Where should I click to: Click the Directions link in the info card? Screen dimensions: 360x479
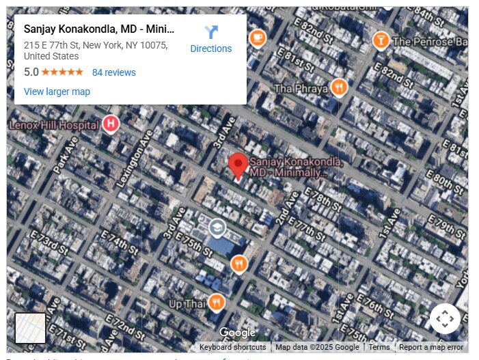click(x=210, y=49)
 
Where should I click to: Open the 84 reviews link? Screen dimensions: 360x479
click(x=113, y=72)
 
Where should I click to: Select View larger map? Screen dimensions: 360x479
click(x=57, y=92)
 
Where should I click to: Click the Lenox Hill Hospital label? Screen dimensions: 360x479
click(x=53, y=125)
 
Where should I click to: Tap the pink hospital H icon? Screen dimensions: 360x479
click(x=111, y=124)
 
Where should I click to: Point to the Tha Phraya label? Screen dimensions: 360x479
click(x=301, y=89)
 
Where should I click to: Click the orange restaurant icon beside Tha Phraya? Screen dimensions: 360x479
click(x=338, y=87)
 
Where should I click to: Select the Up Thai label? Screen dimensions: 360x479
click(x=187, y=303)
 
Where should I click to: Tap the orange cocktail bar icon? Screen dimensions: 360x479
click(x=380, y=41)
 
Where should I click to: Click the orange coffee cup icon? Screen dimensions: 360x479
click(x=258, y=37)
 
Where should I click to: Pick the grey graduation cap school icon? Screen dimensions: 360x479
click(x=217, y=227)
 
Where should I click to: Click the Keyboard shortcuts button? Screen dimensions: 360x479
click(x=232, y=347)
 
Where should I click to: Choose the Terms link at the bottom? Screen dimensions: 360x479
click(x=379, y=347)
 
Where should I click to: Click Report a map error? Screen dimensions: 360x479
click(x=431, y=347)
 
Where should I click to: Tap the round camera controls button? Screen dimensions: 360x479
click(x=445, y=318)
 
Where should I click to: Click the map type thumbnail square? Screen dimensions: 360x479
click(x=30, y=329)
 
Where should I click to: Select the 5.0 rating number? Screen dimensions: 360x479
click(x=31, y=72)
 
